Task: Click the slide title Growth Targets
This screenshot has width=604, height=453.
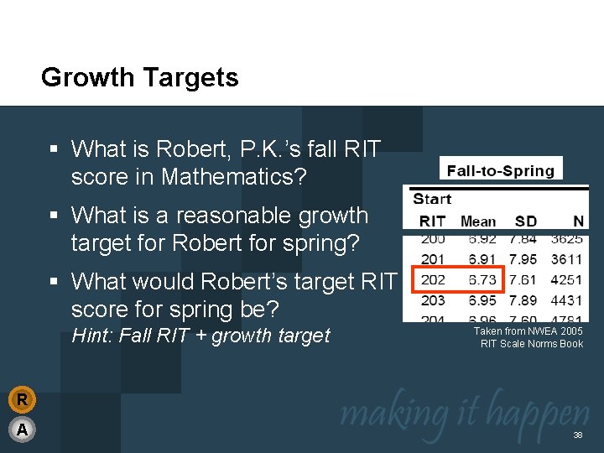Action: click(x=139, y=78)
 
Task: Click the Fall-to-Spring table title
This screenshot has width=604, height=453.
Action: click(x=500, y=171)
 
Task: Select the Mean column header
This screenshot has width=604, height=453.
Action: click(x=478, y=221)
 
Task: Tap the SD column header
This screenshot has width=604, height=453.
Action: click(x=526, y=221)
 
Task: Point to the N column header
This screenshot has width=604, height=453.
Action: click(x=578, y=221)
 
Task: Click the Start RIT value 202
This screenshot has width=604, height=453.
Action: click(x=432, y=279)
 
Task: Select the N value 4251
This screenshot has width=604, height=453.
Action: click(x=567, y=279)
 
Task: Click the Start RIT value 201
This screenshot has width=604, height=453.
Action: click(x=432, y=259)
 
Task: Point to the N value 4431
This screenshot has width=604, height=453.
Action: click(x=567, y=299)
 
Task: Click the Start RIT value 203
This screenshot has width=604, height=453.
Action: click(x=432, y=299)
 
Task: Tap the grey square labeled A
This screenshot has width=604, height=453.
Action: click(x=23, y=430)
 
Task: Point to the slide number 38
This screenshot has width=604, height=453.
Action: click(x=577, y=435)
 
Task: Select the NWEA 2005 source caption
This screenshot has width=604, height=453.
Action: click(x=528, y=337)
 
